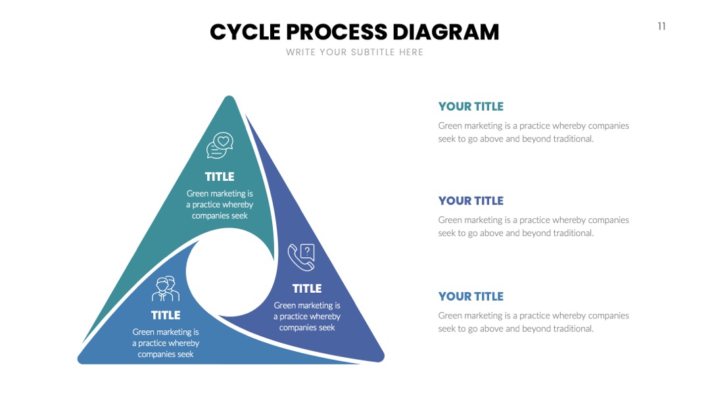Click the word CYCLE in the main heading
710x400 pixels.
pyautogui.click(x=245, y=32)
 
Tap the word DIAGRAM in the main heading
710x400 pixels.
pyautogui.click(x=446, y=32)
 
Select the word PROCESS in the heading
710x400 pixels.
pyautogui.click(x=337, y=32)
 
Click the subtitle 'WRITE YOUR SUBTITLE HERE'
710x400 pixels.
pyautogui.click(x=354, y=52)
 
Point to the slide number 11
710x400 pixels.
pyautogui.click(x=661, y=26)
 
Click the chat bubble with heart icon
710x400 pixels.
pyautogui.click(x=220, y=145)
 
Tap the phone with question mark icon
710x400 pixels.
pyautogui.click(x=301, y=257)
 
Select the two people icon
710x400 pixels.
pyautogui.click(x=166, y=289)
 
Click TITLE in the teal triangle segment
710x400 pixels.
pyautogui.click(x=220, y=177)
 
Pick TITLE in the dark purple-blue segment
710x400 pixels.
pyautogui.click(x=307, y=289)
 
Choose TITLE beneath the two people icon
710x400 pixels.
pyautogui.click(x=166, y=315)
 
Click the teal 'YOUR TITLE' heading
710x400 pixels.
pyautogui.click(x=471, y=107)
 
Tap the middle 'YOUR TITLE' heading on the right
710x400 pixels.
pyautogui.click(x=471, y=201)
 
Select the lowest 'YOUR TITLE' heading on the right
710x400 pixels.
pyautogui.click(x=471, y=296)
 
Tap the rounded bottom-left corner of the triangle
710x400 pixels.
pyautogui.click(x=82, y=358)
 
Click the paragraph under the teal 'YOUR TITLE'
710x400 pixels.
pyautogui.click(x=533, y=132)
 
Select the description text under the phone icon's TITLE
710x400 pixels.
pyautogui.click(x=307, y=316)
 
